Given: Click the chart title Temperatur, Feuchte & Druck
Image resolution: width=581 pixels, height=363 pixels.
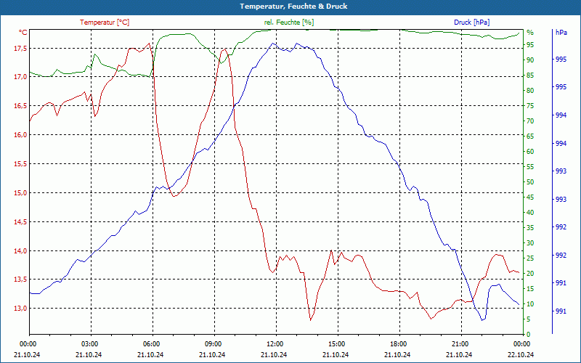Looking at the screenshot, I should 290,6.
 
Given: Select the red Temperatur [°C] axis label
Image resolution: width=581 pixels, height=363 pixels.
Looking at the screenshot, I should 105,23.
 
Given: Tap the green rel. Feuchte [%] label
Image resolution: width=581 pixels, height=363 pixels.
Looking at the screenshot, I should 288,23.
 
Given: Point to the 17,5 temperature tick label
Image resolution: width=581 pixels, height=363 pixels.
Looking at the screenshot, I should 19,48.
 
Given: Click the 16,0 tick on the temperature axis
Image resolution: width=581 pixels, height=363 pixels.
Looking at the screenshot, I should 19,135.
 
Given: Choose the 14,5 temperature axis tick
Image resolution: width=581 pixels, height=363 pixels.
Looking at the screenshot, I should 19,222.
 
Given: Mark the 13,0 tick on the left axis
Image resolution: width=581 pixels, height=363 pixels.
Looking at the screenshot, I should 19,309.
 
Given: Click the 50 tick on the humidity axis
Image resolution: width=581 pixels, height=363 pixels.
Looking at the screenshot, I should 530,182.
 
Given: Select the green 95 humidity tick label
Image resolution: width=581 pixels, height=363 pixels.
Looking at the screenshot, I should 530,45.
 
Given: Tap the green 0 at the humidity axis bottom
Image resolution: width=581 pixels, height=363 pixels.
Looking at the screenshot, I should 528,334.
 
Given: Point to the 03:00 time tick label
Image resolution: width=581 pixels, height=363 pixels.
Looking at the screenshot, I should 90,343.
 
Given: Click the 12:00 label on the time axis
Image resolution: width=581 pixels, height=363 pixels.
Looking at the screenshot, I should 275,343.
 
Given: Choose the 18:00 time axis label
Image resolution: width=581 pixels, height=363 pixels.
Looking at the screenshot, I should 399,343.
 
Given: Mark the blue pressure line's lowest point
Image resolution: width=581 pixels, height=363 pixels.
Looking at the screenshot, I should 482,320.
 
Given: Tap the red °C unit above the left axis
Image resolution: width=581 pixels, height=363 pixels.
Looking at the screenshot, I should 23,33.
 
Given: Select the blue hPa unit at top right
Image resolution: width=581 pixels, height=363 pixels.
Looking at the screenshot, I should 561,33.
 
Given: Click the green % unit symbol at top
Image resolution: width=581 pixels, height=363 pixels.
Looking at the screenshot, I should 530,33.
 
